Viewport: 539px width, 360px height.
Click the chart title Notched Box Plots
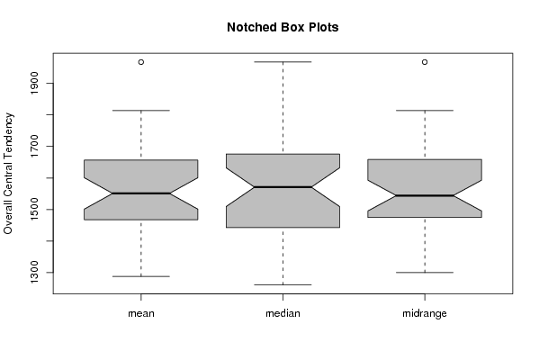point(283,27)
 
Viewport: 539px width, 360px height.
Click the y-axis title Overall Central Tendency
point(8,174)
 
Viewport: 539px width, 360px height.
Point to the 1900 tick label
point(34,83)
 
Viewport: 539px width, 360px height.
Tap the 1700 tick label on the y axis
point(34,146)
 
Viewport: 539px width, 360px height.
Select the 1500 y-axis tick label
point(34,209)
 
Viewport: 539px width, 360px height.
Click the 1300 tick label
point(34,273)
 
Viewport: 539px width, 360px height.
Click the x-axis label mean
point(141,313)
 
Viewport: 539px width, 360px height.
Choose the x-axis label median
point(283,313)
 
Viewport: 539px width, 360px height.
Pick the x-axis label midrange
point(425,313)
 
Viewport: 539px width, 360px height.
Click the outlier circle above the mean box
point(141,62)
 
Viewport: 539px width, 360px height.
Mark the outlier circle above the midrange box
point(425,62)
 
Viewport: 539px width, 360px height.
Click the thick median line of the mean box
point(141,193)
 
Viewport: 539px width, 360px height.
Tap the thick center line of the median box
point(283,187)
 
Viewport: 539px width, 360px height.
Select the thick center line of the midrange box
point(425,195)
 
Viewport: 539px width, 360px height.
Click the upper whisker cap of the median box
point(283,62)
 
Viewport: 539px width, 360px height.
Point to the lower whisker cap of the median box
point(283,284)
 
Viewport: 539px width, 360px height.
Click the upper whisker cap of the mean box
point(141,111)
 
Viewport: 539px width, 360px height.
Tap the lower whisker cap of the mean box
point(141,276)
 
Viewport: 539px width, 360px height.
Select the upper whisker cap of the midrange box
point(425,111)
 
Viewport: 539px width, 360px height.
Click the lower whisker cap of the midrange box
point(425,273)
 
